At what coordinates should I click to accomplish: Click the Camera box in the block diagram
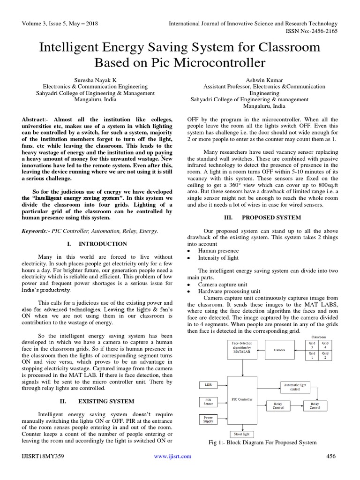279,350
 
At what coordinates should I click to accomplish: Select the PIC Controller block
242,399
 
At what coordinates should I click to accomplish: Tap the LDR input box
208,385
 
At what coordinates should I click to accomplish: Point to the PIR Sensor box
208,402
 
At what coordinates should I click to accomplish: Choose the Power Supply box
208,419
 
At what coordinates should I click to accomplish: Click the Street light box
242,434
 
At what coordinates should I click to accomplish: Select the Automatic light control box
295,387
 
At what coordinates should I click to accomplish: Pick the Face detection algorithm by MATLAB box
242,349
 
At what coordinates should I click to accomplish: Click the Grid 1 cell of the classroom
312,355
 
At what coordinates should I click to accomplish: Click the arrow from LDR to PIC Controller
222,385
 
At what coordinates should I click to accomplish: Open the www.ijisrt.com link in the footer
172,456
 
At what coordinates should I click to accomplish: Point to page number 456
331,456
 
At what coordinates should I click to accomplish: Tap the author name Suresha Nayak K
95,80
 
